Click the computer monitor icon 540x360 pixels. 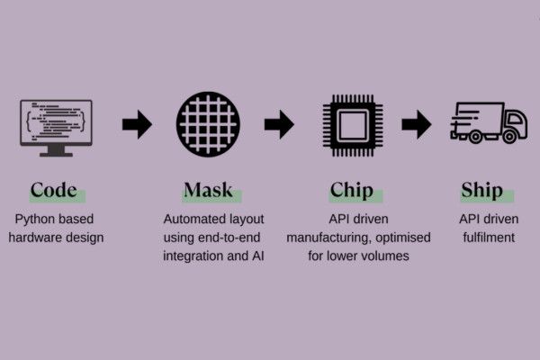56,126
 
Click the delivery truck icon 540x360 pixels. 487,122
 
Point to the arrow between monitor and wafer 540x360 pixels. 136,123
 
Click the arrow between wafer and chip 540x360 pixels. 279,123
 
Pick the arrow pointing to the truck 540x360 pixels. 416,123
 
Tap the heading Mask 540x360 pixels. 208,190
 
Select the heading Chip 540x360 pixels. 352,190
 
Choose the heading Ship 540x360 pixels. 481,190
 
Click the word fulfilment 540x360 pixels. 481,238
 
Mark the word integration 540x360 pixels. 193,256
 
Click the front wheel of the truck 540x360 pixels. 510,137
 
